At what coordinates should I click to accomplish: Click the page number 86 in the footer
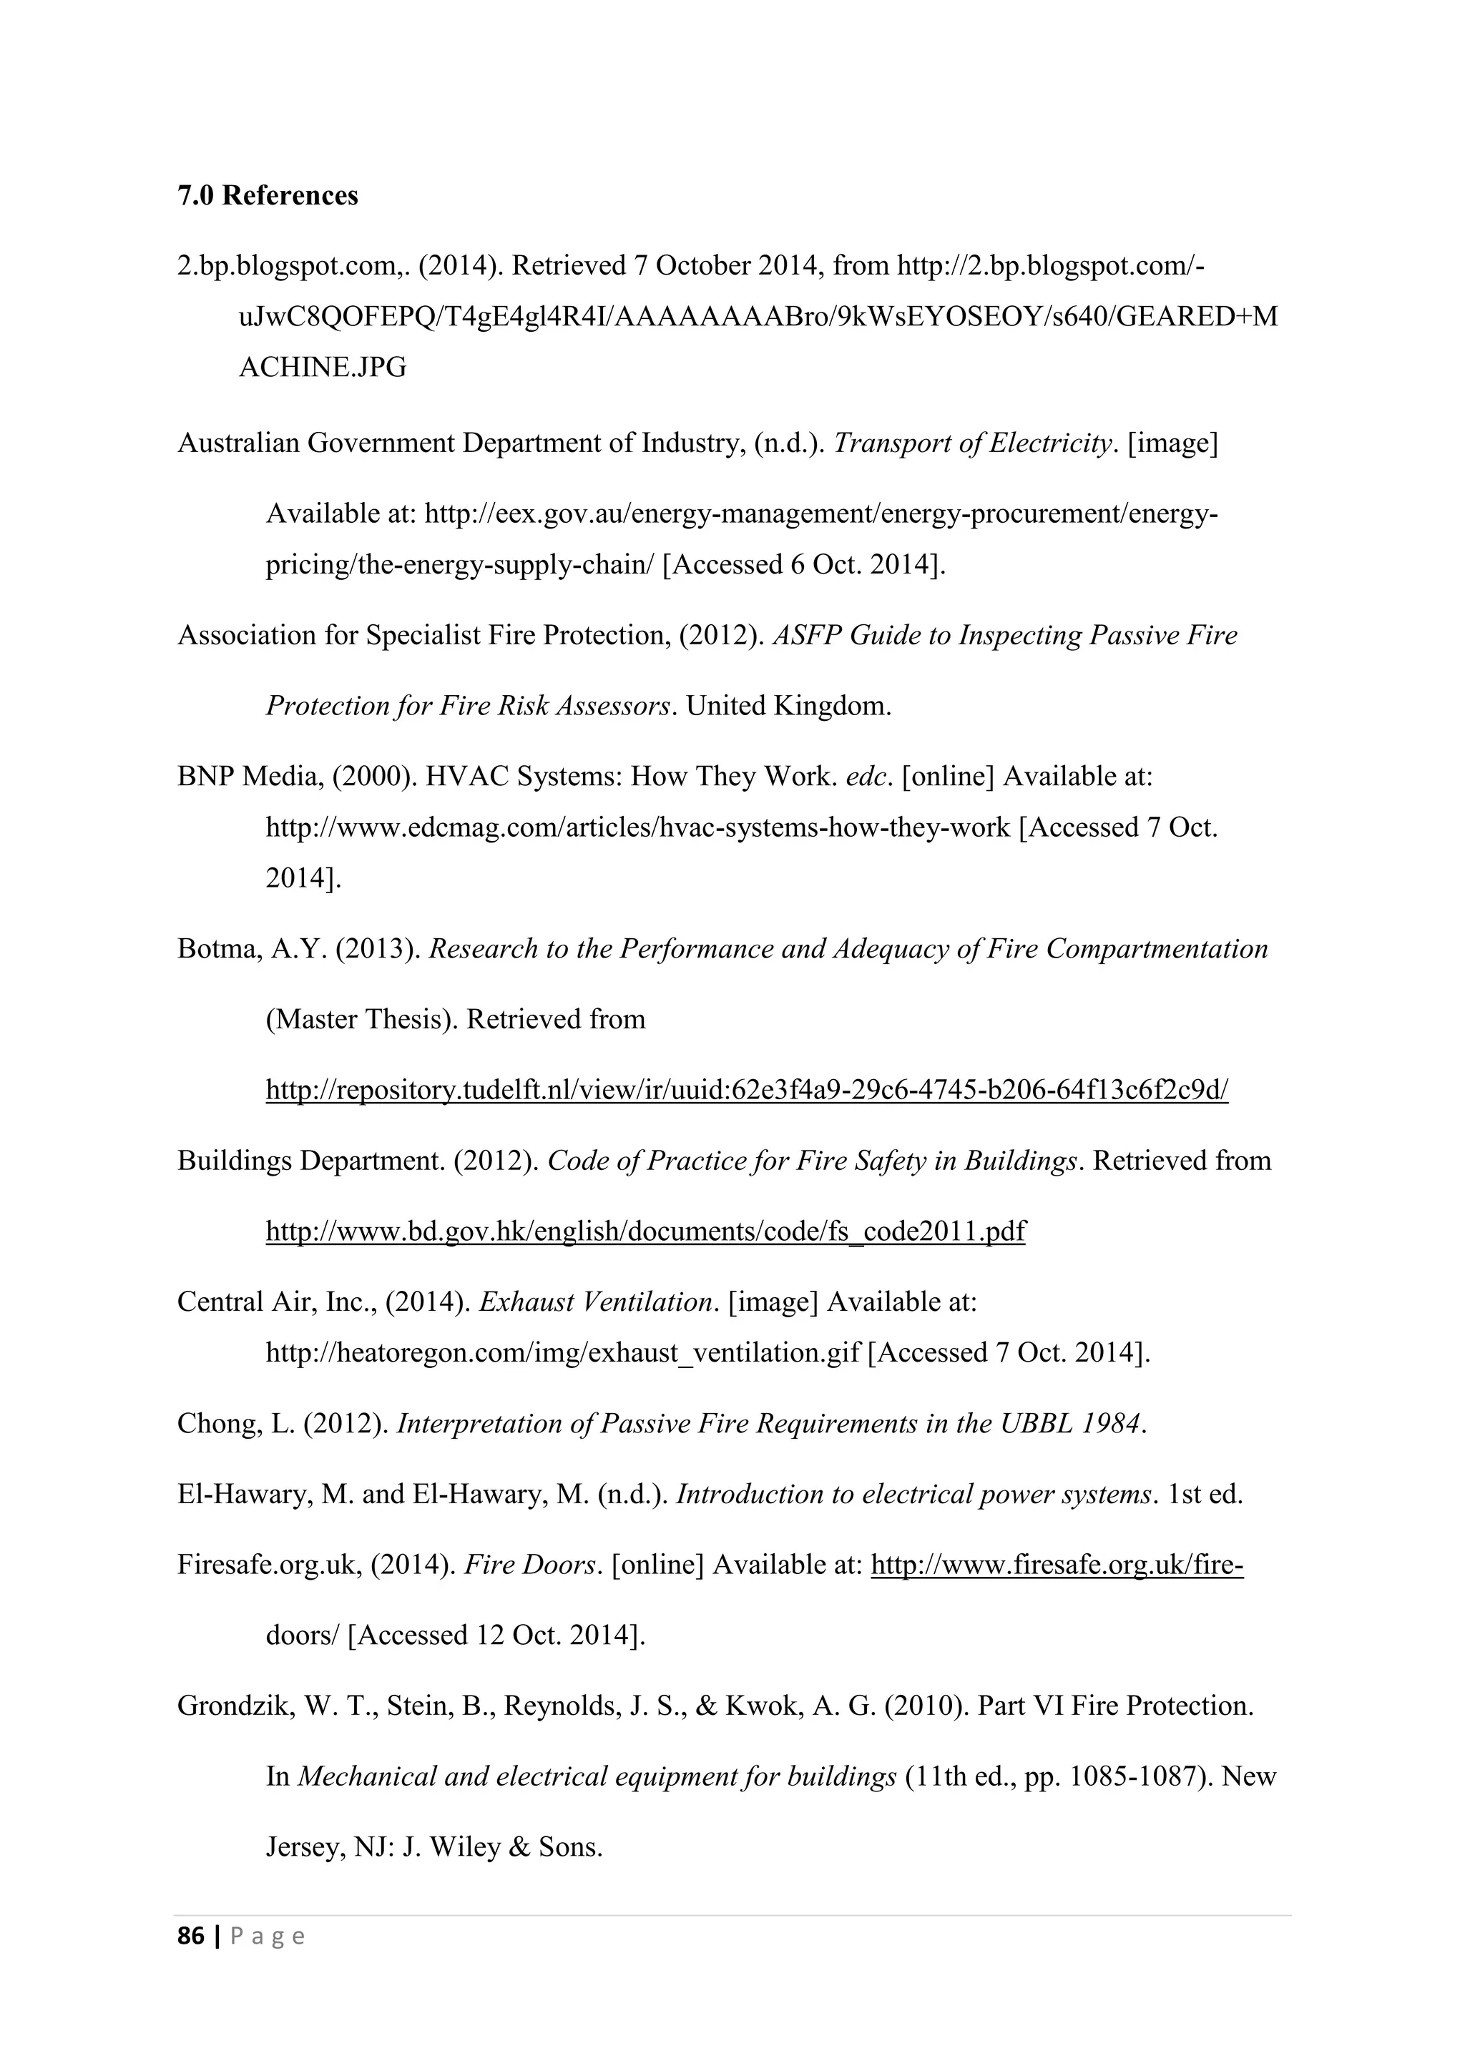point(190,1936)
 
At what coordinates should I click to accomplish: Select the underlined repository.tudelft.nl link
point(746,1091)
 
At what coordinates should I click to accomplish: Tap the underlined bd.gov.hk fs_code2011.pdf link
point(645,1231)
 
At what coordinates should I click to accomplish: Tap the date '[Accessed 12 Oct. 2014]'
point(496,1635)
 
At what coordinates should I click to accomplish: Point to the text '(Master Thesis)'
point(361,1019)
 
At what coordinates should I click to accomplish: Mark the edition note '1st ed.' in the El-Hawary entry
point(1205,1495)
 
